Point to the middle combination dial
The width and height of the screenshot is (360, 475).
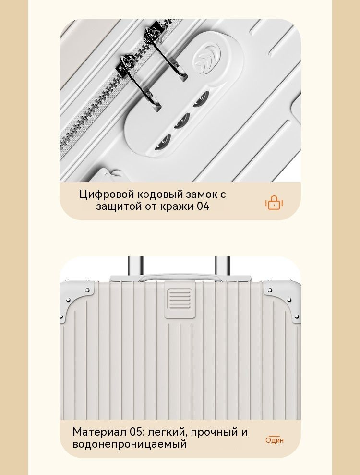[x=181, y=121]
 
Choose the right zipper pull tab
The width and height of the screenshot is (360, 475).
[x=166, y=52]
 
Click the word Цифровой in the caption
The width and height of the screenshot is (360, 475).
[x=107, y=195]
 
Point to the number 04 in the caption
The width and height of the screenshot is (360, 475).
[x=203, y=207]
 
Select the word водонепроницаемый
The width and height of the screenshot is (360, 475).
[x=130, y=444]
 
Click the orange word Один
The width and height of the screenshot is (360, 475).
[x=275, y=440]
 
